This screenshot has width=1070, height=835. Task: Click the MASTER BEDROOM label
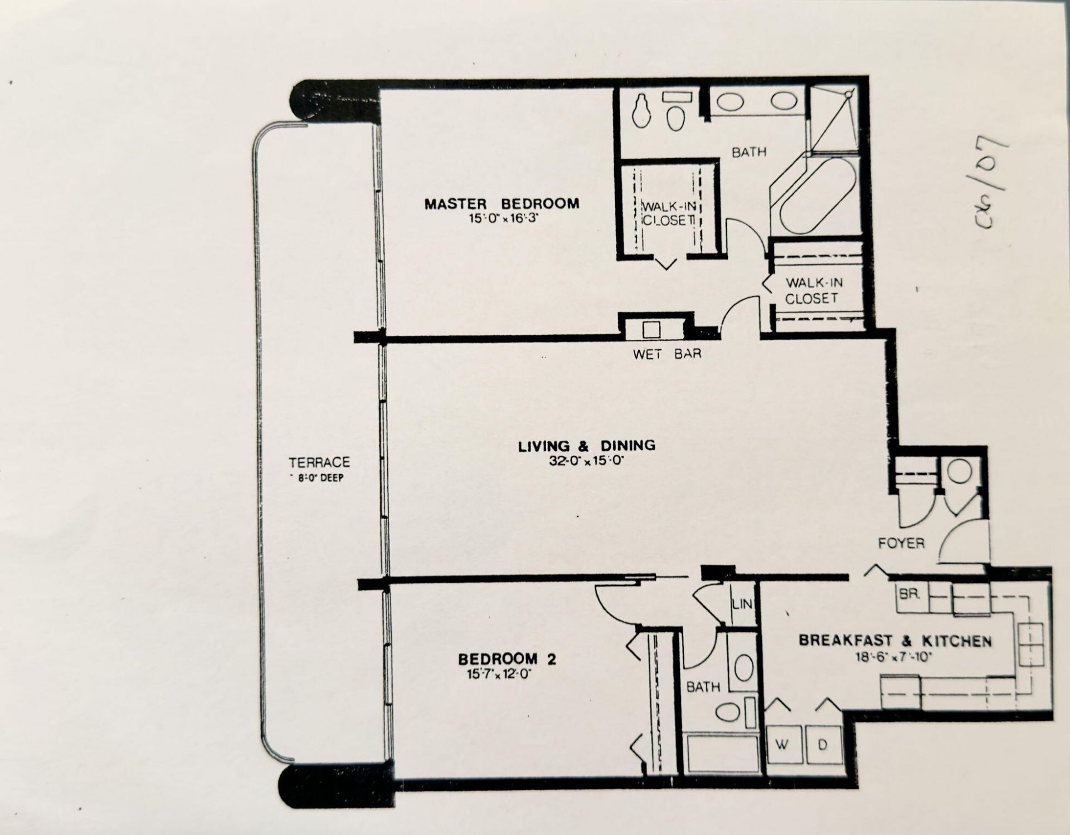click(x=502, y=204)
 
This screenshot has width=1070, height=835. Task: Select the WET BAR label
click(x=667, y=354)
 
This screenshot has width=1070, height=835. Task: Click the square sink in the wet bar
click(x=651, y=330)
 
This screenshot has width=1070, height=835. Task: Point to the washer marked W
click(x=783, y=745)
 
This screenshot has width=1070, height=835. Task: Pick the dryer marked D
click(x=823, y=745)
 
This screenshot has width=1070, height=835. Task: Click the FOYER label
click(x=901, y=543)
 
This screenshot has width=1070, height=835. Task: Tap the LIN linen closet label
click(x=742, y=603)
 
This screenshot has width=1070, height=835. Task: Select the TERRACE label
click(x=319, y=462)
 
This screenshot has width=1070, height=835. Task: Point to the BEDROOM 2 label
click(x=507, y=660)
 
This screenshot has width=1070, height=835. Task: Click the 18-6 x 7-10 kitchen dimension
click(x=894, y=657)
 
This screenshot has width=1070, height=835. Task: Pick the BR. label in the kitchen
click(x=908, y=594)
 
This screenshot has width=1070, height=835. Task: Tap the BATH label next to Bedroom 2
click(x=703, y=687)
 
